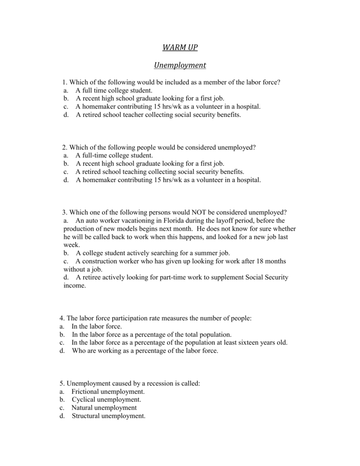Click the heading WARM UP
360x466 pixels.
tap(180, 48)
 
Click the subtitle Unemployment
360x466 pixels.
tap(180, 66)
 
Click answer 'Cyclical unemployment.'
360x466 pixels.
tap(103, 400)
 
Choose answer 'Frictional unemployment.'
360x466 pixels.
tap(108, 391)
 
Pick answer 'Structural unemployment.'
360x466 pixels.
tap(108, 416)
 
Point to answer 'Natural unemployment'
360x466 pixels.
tap(104, 408)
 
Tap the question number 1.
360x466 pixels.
tap(65, 82)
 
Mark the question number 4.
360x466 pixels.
tap(61, 319)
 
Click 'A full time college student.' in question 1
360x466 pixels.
tap(114, 91)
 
